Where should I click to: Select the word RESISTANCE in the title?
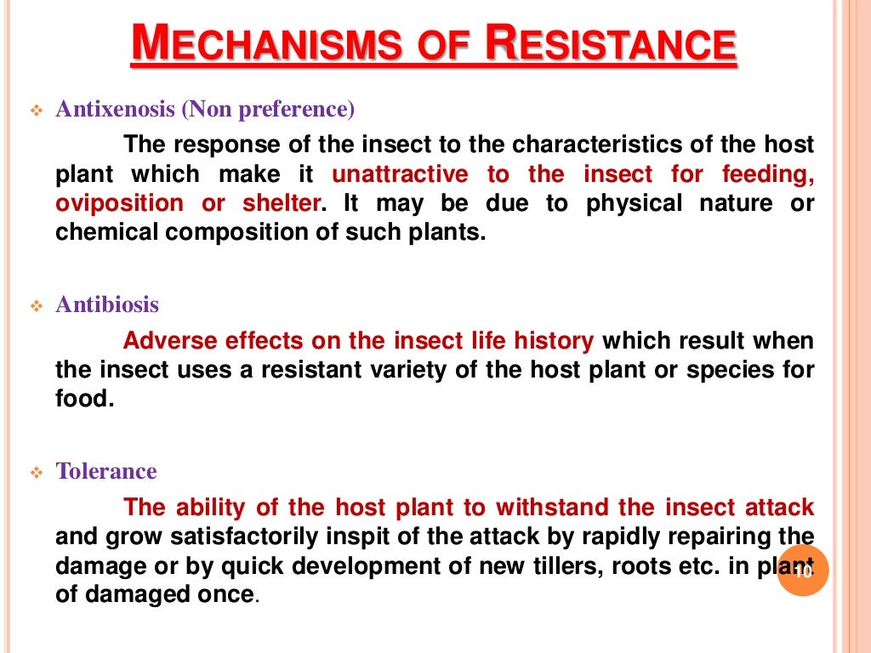(x=609, y=44)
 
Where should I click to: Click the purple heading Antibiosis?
(x=107, y=305)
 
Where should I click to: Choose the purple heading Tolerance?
(x=106, y=472)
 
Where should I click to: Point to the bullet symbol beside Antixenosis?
(x=36, y=111)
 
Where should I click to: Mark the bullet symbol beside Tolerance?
(x=36, y=474)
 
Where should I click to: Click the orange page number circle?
(x=802, y=571)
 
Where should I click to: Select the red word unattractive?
(x=400, y=175)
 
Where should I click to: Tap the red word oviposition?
(x=119, y=204)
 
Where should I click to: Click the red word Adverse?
(x=171, y=342)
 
